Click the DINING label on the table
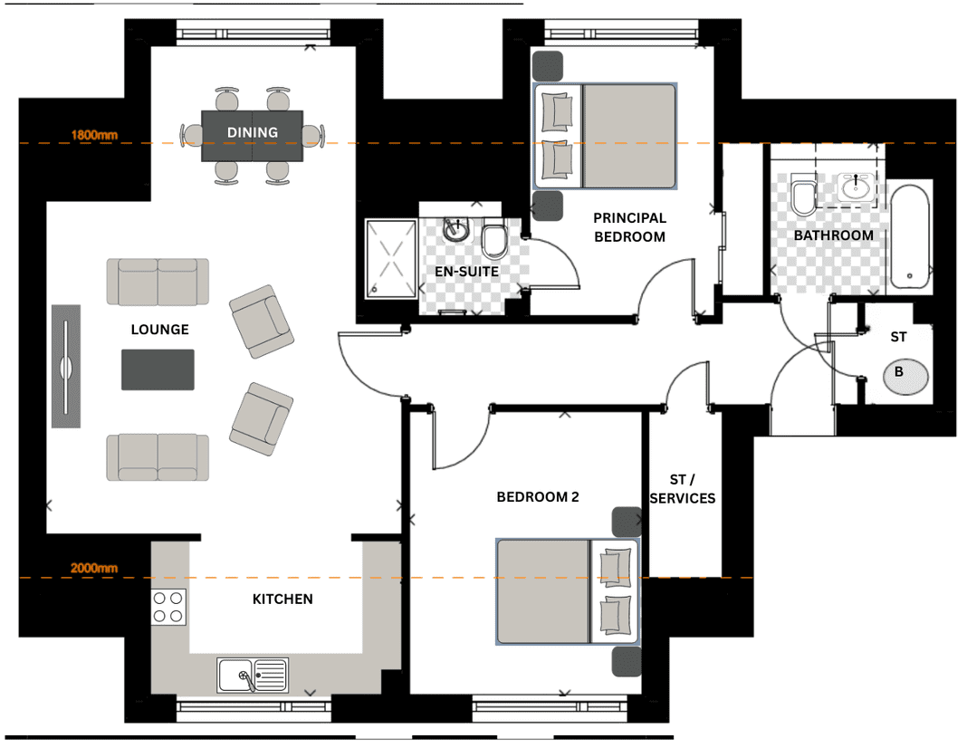point(253,132)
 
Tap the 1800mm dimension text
point(94,134)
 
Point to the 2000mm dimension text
point(94,568)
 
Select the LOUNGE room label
point(159,330)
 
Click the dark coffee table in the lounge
point(158,369)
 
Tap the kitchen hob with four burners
point(168,607)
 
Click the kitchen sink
point(253,675)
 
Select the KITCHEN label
point(282,599)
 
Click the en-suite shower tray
point(391,259)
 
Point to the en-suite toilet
point(494,239)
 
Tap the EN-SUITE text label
point(466,272)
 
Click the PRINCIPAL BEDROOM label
point(629,227)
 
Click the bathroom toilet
point(804,194)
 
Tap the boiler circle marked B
point(905,376)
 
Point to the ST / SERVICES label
point(683,488)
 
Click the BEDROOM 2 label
point(538,497)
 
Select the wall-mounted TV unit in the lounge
point(66,366)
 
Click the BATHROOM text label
point(833,235)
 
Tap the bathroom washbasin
point(856,187)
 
